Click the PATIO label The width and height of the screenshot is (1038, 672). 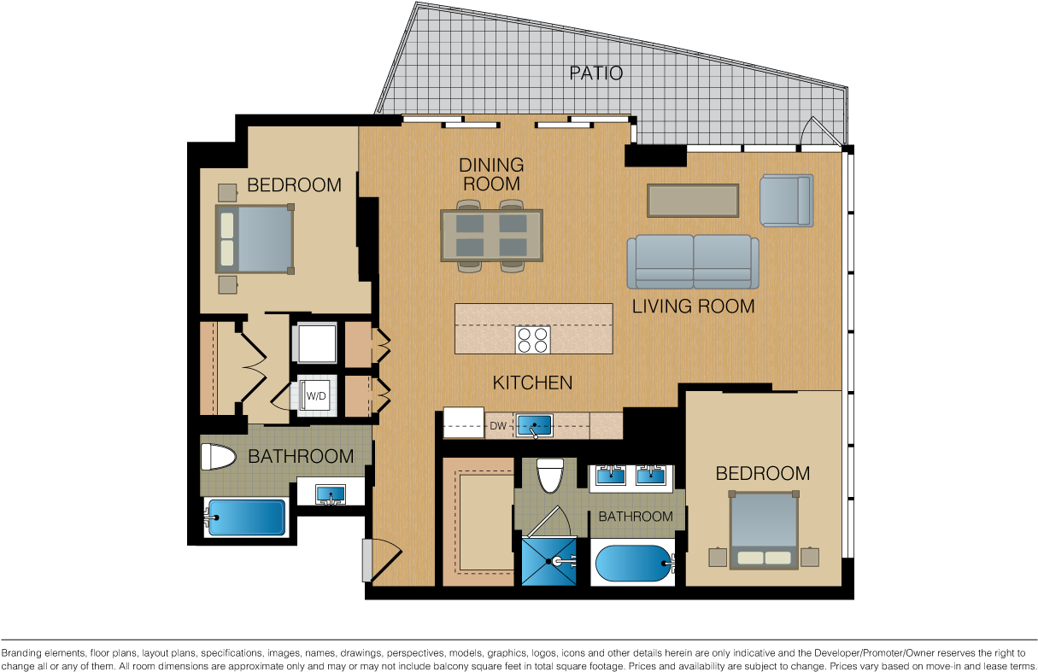point(596,73)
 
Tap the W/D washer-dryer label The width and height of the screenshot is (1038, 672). point(316,396)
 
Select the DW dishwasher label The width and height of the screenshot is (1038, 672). point(498,425)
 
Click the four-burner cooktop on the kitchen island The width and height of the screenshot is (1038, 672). point(532,340)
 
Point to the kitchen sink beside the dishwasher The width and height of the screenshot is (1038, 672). point(534,425)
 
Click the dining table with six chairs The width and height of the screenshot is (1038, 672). point(491,236)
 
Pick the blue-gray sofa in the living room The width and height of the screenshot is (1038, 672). point(693,261)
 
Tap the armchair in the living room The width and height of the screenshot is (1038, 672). point(787,201)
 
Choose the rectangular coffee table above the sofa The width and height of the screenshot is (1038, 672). point(693,201)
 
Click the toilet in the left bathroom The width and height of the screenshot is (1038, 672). point(218,457)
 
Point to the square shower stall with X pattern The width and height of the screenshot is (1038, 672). point(549,561)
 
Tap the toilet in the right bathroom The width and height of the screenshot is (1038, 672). point(550,475)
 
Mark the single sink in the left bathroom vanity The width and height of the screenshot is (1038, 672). point(331,494)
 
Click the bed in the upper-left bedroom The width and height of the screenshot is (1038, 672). point(255,239)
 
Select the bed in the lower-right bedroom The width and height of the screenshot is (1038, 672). point(764,529)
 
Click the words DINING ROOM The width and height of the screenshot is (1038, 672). point(491,174)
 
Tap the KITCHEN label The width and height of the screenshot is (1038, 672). point(532,383)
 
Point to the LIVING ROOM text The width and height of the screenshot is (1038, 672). point(693,307)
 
